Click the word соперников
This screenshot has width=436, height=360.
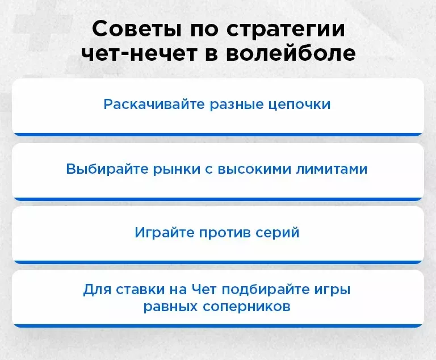coord(247,307)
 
